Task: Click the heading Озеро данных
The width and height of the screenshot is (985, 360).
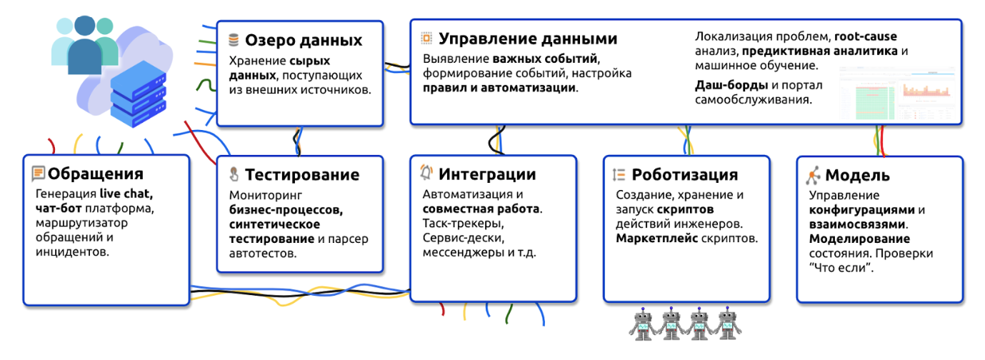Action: coord(304,40)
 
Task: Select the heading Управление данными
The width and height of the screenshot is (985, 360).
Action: coord(527,38)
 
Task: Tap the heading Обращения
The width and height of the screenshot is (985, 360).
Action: coord(96,174)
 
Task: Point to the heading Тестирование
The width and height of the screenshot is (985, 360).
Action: coord(302,175)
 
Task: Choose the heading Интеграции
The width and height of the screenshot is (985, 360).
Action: coord(487,174)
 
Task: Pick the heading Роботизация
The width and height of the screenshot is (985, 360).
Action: coord(685,175)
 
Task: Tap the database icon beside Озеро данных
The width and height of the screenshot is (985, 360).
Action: coord(234,40)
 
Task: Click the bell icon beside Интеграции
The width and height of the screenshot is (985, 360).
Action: coord(426,173)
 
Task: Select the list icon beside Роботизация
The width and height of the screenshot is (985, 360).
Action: coord(619,174)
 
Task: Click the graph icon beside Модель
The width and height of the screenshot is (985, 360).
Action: coord(813,175)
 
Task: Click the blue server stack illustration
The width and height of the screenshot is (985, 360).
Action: coord(137,93)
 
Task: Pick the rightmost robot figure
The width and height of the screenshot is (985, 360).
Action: coord(726,323)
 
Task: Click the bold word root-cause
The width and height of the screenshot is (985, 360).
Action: coord(866,36)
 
